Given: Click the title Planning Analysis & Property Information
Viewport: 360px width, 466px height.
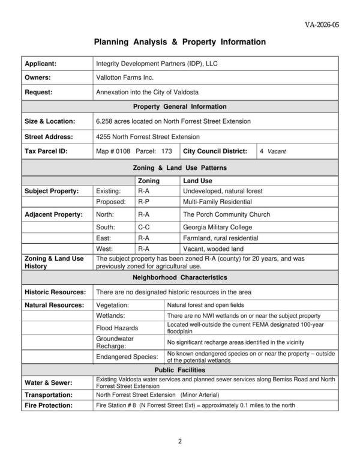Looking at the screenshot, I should (179, 43).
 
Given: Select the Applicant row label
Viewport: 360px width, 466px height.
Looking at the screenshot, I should (41, 63).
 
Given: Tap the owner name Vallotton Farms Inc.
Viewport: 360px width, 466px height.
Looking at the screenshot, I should (125, 77).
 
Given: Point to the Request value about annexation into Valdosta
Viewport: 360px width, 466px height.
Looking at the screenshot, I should (147, 92).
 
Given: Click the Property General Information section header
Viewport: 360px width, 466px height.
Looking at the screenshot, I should (180, 106).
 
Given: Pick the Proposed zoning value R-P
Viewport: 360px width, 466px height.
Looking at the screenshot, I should (143, 202).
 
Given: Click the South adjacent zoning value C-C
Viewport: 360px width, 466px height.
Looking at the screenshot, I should (143, 228).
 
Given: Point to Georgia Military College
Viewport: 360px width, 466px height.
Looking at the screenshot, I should (218, 228).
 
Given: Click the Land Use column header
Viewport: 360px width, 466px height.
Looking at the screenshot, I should (197, 181).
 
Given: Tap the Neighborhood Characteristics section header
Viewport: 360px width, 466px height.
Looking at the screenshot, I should (180, 278).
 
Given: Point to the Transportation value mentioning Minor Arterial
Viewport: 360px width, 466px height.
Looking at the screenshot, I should (158, 395).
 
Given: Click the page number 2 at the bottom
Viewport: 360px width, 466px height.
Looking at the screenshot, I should (180, 443).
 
